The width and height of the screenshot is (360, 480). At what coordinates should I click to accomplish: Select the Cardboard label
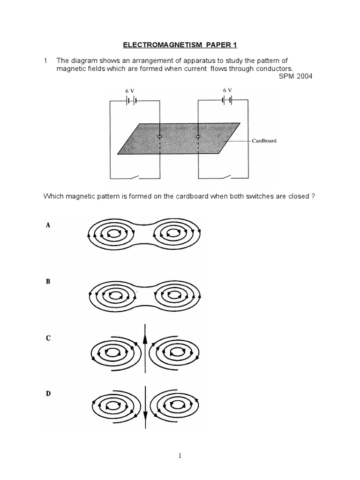pyautogui.click(x=264, y=140)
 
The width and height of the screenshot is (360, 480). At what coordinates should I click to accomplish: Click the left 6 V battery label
pyautogui.click(x=130, y=90)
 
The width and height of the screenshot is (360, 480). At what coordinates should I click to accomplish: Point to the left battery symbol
pyautogui.click(x=130, y=100)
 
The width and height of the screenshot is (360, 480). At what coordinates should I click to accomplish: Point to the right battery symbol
pyautogui.click(x=227, y=99)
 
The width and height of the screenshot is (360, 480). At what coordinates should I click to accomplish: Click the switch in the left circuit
pyautogui.click(x=136, y=177)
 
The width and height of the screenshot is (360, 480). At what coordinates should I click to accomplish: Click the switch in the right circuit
pyautogui.click(x=227, y=177)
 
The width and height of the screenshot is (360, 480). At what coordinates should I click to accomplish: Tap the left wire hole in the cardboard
pyautogui.click(x=159, y=137)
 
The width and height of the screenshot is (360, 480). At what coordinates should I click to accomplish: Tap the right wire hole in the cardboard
pyautogui.click(x=198, y=137)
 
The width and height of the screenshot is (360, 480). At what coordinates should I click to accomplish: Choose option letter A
pyautogui.click(x=48, y=225)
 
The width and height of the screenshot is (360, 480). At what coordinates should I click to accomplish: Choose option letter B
pyautogui.click(x=48, y=282)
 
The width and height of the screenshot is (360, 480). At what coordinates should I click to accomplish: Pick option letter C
pyautogui.click(x=48, y=338)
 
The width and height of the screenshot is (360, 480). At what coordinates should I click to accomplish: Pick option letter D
pyautogui.click(x=48, y=394)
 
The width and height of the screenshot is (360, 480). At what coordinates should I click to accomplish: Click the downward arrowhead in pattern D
pyautogui.click(x=145, y=415)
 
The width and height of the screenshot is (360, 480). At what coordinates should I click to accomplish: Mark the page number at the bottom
pyautogui.click(x=180, y=455)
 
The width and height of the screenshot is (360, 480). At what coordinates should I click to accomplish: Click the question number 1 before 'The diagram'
pyautogui.click(x=45, y=60)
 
